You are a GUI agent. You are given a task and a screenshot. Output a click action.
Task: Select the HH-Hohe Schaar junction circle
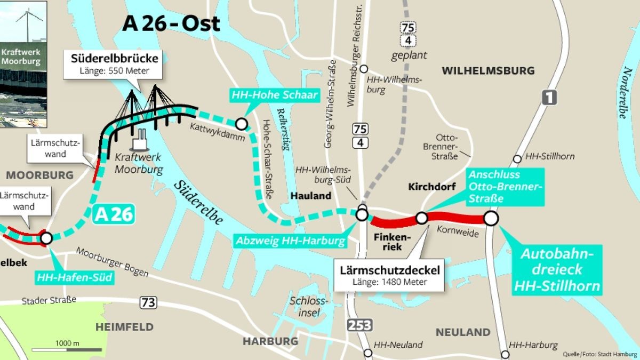click(x=242, y=124)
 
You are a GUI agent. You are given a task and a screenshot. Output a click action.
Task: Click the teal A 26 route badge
click(x=113, y=214)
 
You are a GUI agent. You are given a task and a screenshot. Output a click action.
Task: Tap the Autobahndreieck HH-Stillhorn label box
click(x=557, y=270)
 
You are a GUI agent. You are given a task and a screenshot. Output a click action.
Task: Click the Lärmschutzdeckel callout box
click(x=390, y=276)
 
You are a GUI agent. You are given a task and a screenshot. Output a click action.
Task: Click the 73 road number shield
click(x=149, y=303)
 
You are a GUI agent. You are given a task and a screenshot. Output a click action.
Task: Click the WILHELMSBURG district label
click(x=488, y=70)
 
